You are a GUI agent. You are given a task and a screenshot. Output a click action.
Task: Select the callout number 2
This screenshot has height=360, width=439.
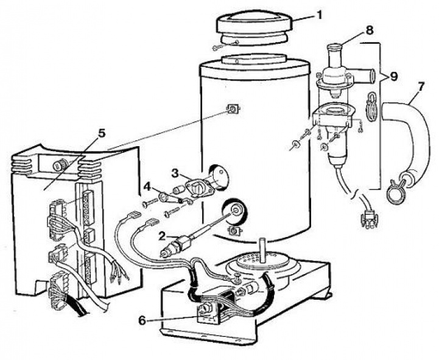161,234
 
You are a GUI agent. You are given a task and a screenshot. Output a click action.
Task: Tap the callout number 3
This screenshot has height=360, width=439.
175,173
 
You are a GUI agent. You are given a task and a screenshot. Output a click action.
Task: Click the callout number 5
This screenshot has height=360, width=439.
101,132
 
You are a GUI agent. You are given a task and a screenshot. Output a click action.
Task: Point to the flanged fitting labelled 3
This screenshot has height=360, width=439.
201,184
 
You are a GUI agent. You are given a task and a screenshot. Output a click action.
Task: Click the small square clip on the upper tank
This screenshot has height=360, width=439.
232,110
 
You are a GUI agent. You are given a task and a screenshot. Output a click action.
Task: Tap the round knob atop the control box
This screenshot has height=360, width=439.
61,164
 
